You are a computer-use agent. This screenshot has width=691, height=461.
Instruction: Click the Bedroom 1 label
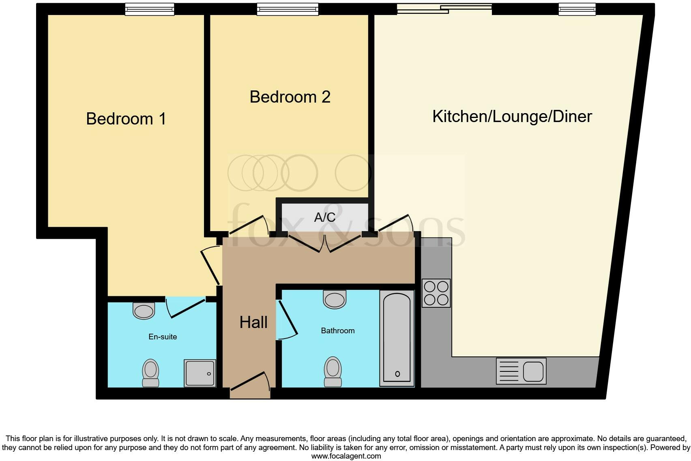pyautogui.click(x=126, y=119)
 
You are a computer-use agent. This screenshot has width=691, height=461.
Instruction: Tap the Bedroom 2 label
pyautogui.click(x=290, y=97)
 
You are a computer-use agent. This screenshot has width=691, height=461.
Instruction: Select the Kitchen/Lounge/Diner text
pyautogui.click(x=512, y=116)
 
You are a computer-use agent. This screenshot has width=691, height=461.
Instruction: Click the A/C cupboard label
pyautogui.click(x=325, y=217)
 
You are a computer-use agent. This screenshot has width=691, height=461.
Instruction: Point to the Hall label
pyautogui.click(x=253, y=322)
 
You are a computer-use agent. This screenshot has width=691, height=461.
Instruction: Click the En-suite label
pyautogui.click(x=163, y=337)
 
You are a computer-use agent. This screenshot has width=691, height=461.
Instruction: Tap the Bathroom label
pyautogui.click(x=337, y=330)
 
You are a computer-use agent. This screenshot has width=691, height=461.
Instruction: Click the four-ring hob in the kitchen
pyautogui.click(x=436, y=293)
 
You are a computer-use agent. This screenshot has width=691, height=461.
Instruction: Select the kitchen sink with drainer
pyautogui.click(x=521, y=371)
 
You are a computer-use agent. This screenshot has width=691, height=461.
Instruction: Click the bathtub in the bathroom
pyautogui.click(x=397, y=338)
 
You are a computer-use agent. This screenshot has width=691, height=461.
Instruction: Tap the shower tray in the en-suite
pyautogui.click(x=200, y=373)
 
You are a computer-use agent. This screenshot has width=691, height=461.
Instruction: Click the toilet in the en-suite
pyautogui.click(x=150, y=373)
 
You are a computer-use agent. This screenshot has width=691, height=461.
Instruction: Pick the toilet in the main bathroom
pyautogui.click(x=333, y=371)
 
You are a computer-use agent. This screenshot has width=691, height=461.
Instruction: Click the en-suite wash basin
pyautogui.click(x=144, y=311)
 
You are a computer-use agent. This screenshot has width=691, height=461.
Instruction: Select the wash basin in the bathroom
pyautogui.click(x=335, y=299)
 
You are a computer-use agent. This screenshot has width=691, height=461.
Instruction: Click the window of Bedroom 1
pyautogui.click(x=149, y=9)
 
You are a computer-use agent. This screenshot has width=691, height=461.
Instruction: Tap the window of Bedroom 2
pyautogui.click(x=288, y=9)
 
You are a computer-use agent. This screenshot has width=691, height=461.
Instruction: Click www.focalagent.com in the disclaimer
pyautogui.click(x=346, y=456)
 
